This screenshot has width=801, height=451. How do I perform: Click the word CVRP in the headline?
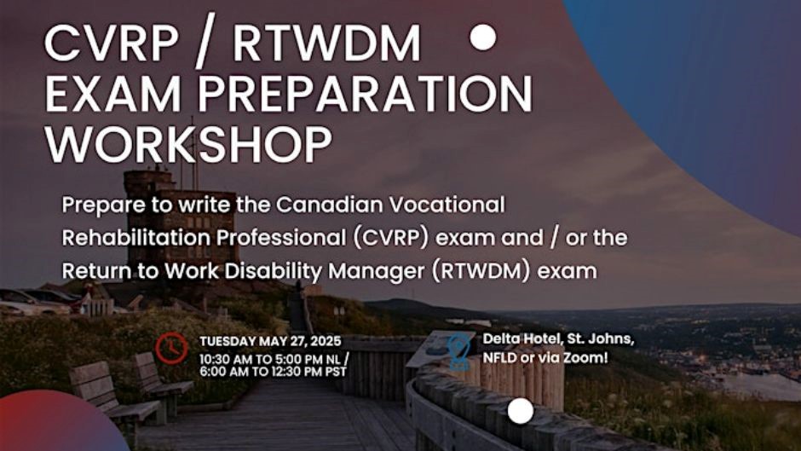[102, 45]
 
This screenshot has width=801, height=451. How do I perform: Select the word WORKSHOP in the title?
[188, 144]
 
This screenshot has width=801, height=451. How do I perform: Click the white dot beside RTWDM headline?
[483, 38]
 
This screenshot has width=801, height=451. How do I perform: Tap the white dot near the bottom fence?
[521, 411]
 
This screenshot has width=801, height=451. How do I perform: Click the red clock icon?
[173, 348]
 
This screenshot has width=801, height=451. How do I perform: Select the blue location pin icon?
[460, 350]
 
